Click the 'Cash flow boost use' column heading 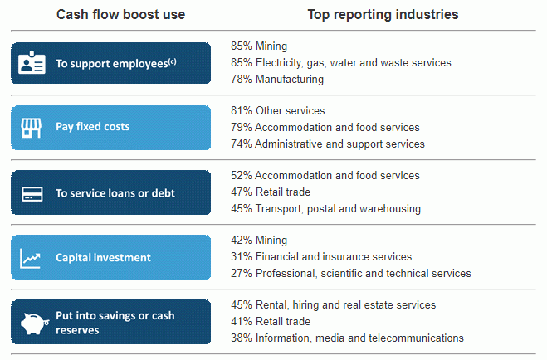[120, 15]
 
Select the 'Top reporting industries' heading [383, 15]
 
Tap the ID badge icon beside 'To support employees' [32, 63]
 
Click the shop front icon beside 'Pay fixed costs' [32, 128]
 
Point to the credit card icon [32, 193]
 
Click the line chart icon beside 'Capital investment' [32, 258]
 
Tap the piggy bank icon [32, 323]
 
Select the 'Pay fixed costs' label [92, 128]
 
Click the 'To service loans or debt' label [115, 193]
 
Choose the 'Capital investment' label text [103, 258]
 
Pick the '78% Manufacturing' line [277, 79]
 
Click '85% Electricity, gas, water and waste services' [340, 62]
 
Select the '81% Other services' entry [277, 110]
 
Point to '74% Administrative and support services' [327, 144]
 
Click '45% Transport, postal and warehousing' [325, 208]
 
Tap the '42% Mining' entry [259, 240]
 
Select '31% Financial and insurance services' [320, 256]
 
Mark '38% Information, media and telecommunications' [347, 338]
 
